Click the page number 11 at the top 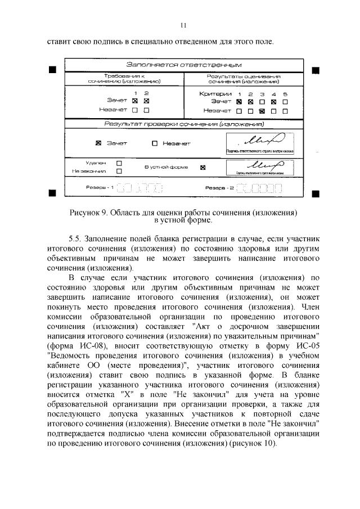point(183,25)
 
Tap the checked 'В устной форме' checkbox point(203,168)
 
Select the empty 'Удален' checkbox point(119,163)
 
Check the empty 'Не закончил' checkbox point(119,170)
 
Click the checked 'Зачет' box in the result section point(98,143)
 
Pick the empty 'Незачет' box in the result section point(155,143)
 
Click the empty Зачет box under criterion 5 point(285,102)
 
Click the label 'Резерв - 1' point(99,187)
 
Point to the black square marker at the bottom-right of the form point(315,193)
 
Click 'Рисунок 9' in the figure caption point(88,213)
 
